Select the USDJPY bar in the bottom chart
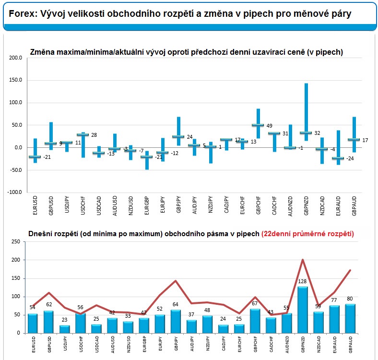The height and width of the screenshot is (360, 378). point(64,329)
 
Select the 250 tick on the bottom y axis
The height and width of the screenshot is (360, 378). point(15,243)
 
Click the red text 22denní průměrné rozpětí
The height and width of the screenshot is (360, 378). point(307,234)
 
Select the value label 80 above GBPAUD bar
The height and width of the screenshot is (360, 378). point(351,299)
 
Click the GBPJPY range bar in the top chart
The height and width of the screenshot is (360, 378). point(178,130)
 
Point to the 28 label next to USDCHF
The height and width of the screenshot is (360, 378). point(94,135)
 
